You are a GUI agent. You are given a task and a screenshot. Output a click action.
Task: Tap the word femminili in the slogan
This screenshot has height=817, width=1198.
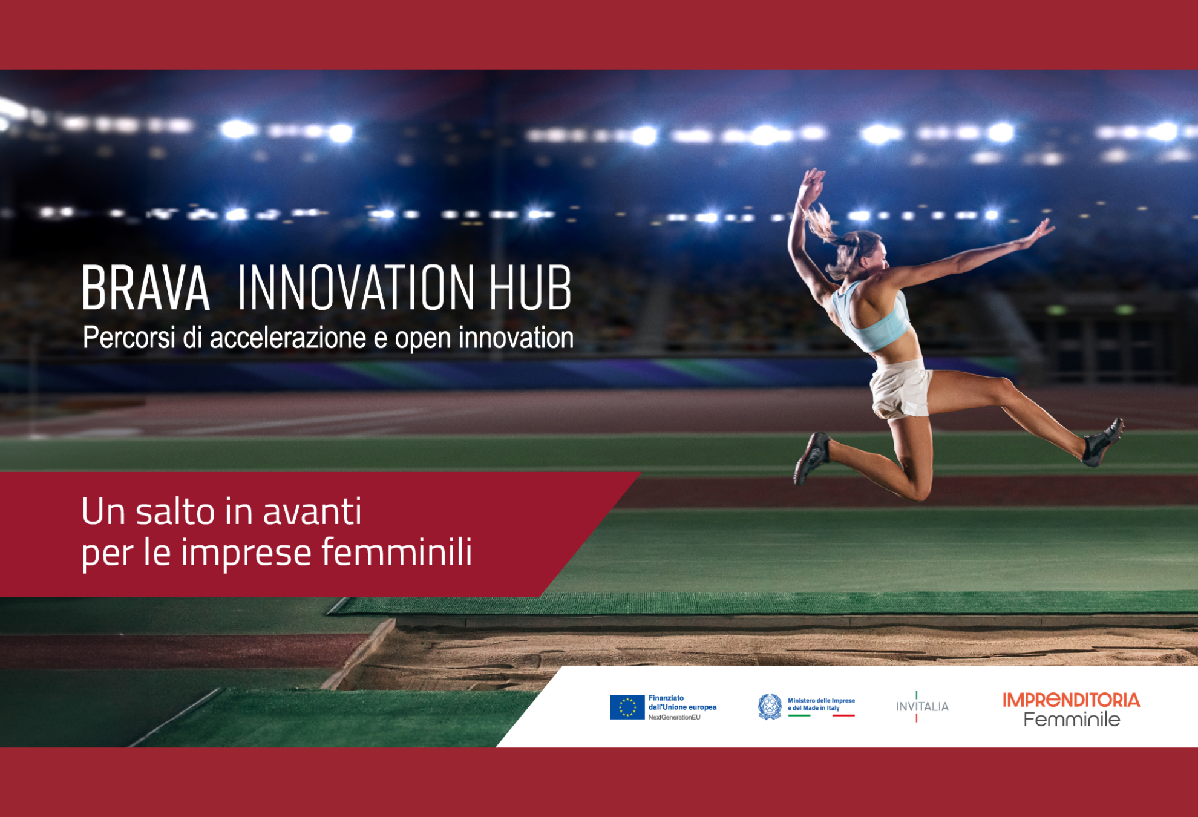pos(396,551)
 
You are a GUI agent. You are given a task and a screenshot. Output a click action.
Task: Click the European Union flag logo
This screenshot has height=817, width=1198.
pos(627,707)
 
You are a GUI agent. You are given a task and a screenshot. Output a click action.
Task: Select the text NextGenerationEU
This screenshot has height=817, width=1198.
pos(674,717)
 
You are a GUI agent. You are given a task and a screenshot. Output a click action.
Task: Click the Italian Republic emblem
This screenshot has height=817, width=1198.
pos(770,706)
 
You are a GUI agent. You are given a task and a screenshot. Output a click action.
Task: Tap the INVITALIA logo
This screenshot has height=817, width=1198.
pos(922,706)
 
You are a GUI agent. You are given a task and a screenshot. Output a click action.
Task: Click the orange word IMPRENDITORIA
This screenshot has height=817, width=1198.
pos(1071,700)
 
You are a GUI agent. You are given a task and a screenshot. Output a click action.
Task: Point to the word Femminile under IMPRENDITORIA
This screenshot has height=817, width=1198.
pos(1072,720)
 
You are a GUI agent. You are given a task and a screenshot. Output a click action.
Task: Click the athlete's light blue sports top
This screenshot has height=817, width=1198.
pos(873,317)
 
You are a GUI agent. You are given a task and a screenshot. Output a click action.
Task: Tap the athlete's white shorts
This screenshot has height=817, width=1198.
pos(900,389)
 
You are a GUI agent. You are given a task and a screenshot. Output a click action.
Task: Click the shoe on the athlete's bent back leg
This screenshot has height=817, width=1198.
pos(811,457)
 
